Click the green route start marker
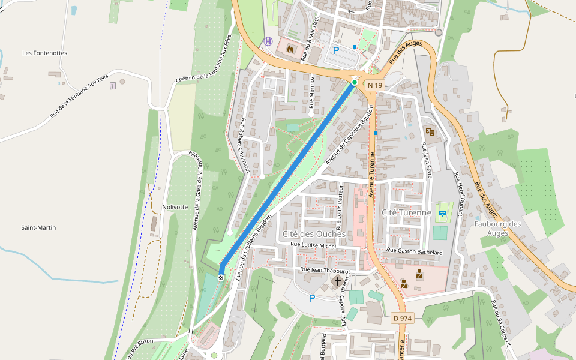(355, 82)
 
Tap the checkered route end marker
(221, 277)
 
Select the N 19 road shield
(375, 85)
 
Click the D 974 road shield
(403, 317)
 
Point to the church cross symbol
(337, 281)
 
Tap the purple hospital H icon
(268, 41)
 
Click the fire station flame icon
(291, 49)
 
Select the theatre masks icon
(430, 130)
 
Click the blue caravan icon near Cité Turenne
(443, 212)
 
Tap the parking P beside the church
(311, 298)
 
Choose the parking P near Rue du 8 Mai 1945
(336, 50)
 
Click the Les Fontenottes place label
(44, 53)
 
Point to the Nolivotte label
(175, 207)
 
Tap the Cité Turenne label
(406, 212)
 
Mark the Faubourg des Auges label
(497, 229)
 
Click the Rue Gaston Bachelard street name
(415, 251)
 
